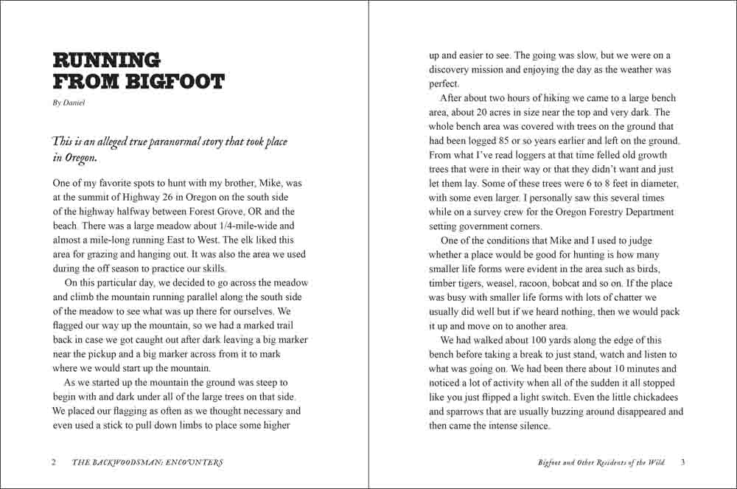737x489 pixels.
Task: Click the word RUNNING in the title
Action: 106,60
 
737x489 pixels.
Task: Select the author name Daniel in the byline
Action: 74,103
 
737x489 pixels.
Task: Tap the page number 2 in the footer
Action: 54,463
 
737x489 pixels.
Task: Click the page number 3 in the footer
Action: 682,462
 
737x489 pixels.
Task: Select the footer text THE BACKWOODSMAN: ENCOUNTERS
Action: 147,463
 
